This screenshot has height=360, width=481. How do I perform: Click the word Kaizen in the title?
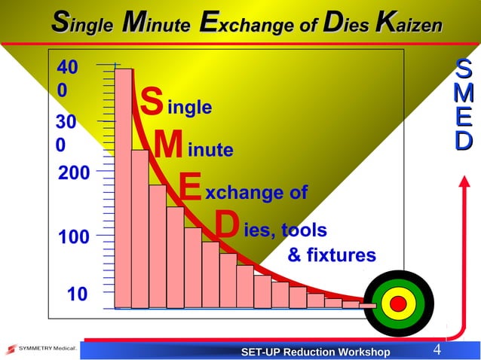pos(407,24)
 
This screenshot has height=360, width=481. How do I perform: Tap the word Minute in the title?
pos(156,24)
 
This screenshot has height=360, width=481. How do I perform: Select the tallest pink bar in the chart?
pos(123,188)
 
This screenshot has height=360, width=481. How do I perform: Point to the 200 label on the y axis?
pos(74,174)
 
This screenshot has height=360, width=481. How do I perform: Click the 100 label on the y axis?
pos(74,237)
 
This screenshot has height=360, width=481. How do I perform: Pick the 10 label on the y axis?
pos(77,294)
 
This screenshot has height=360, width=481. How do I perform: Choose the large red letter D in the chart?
pos(226,224)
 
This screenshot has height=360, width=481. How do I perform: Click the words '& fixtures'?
pos(331,256)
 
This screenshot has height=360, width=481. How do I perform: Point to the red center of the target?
pos(399,304)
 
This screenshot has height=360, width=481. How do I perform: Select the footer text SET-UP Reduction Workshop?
pos(315,352)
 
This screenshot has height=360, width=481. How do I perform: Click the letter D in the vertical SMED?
pos(464,140)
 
